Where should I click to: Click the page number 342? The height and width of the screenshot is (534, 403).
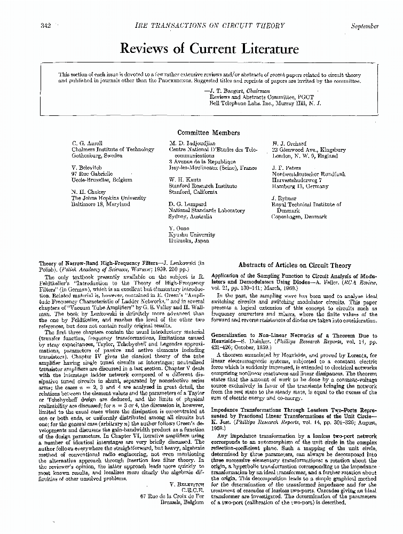(x=45, y=26)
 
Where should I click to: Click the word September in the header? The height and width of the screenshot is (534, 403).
(x=365, y=26)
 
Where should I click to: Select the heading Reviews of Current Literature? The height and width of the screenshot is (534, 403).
(x=210, y=49)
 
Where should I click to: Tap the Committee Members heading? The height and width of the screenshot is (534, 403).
(x=208, y=133)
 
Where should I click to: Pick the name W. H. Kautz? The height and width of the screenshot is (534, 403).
(x=187, y=180)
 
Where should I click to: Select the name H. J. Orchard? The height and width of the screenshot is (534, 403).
(x=289, y=144)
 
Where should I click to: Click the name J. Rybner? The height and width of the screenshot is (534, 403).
(x=285, y=198)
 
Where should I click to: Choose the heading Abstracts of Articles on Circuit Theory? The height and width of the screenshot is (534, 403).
(x=295, y=265)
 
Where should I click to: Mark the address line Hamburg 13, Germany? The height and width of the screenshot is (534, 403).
(x=297, y=186)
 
